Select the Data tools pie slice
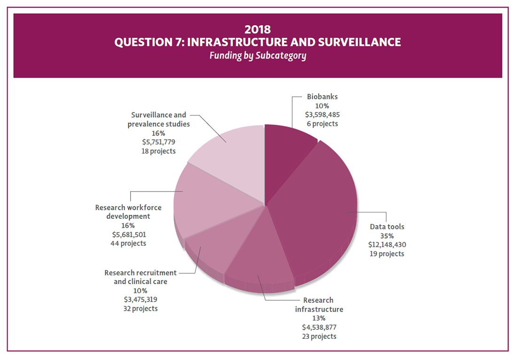[320, 207]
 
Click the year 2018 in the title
[258, 30]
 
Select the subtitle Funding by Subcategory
[258, 56]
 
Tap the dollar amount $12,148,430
[387, 245]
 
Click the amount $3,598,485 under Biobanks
[322, 115]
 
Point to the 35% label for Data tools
[387, 236]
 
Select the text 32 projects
[141, 309]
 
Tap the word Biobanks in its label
[322, 97]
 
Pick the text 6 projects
[322, 124]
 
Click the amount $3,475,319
[141, 299]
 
